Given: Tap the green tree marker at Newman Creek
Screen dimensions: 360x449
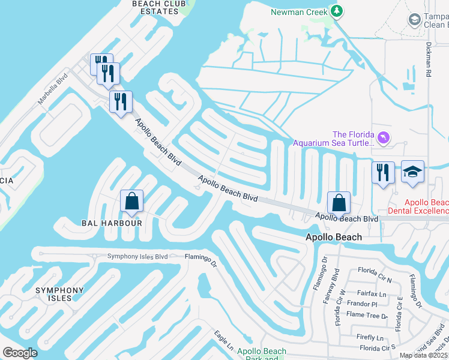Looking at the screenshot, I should click(337, 11).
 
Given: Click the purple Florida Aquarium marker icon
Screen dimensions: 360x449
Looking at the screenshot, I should click(384, 139).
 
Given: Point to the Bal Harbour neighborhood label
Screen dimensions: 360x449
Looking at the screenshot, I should click(112, 223).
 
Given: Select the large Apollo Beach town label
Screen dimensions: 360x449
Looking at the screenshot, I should click(334, 237).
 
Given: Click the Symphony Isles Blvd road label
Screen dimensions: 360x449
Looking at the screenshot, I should click(137, 257).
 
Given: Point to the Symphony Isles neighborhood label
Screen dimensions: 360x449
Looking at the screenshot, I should click(59, 294).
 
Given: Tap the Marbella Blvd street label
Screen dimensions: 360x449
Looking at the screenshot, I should click(53, 90).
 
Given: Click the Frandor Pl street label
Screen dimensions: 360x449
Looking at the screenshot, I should click(362, 304).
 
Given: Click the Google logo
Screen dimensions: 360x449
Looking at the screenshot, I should click(20, 353).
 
